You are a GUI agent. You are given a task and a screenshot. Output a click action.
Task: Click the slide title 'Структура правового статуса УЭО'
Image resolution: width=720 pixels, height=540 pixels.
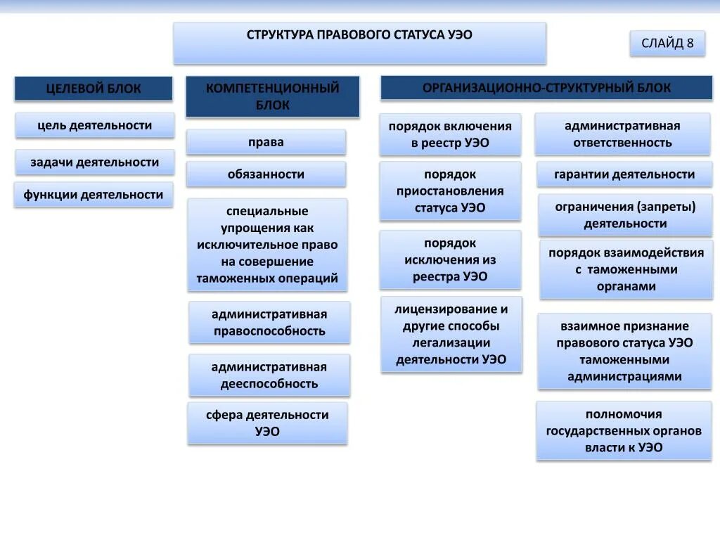(359, 35)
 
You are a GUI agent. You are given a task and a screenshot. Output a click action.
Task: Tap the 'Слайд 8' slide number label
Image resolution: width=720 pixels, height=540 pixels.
(667, 44)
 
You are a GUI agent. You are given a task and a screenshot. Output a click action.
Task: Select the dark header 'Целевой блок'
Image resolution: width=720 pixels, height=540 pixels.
(94, 89)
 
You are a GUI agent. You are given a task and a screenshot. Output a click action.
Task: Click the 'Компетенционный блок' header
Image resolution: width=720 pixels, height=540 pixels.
(272, 96)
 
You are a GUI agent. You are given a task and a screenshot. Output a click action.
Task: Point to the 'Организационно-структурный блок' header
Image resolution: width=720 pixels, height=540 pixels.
(546, 88)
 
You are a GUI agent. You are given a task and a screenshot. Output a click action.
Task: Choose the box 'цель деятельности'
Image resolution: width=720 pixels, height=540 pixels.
(94, 125)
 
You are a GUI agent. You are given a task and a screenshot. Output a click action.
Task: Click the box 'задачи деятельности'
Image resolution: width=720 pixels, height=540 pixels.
(94, 162)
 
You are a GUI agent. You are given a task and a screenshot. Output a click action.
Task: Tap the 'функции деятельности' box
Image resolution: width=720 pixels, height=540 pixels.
(94, 195)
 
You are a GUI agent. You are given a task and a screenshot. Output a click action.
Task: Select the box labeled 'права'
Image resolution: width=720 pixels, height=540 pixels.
(266, 142)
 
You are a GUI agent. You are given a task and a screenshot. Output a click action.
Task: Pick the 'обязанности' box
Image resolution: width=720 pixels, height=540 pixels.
(266, 174)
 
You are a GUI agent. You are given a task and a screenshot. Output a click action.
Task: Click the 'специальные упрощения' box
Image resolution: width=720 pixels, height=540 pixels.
(267, 245)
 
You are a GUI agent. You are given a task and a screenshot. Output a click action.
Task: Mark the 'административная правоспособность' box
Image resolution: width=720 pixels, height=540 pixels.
(269, 322)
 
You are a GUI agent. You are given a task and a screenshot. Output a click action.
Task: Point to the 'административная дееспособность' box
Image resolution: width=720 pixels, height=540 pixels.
(269, 375)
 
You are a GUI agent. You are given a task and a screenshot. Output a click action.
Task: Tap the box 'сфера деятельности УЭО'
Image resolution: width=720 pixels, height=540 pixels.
(267, 423)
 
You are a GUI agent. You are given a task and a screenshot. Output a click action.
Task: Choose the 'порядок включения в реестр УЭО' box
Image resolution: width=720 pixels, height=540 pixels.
(450, 134)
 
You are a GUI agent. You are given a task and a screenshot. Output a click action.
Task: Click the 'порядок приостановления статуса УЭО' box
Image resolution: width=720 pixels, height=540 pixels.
(450, 191)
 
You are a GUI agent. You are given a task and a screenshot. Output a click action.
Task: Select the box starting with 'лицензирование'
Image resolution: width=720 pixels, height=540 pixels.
(451, 334)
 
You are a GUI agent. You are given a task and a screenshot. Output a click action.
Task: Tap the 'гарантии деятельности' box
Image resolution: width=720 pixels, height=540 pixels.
(624, 174)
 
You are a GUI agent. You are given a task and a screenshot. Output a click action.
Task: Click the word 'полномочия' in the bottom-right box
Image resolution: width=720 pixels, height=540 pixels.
(624, 414)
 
